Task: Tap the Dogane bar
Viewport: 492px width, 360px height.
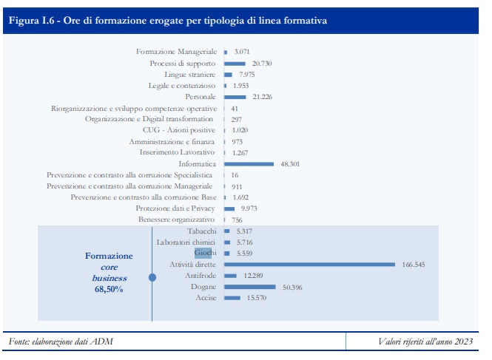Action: (249, 287)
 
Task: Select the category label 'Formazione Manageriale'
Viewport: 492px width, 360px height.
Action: (177, 52)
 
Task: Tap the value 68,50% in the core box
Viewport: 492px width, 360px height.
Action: (109, 291)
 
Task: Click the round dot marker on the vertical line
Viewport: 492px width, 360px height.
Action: (152, 278)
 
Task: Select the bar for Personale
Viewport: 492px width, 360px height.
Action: (235, 97)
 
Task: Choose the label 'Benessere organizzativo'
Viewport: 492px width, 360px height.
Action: (176, 220)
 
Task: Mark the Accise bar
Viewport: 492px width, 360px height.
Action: (232, 298)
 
